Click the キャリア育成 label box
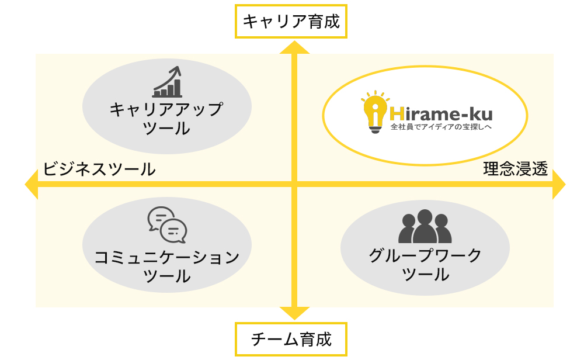coord(291,22)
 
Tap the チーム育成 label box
coord(291,340)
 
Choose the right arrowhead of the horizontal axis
coord(558,185)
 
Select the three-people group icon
coord(425,227)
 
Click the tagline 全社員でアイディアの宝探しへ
coord(439,126)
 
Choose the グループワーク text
coord(425,255)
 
